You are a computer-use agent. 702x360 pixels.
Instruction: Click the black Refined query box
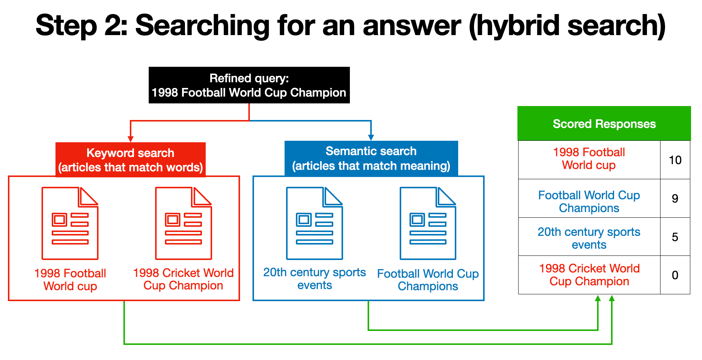pos(249,85)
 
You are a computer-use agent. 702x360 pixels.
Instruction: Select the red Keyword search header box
pos(131,160)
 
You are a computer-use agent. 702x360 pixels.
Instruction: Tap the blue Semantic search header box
pos(371,158)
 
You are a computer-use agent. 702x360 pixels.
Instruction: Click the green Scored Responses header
pos(604,123)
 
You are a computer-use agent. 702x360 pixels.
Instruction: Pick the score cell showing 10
pos(675,160)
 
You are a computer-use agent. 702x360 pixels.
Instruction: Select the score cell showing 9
pos(675,198)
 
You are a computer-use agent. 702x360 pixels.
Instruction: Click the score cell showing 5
pos(675,237)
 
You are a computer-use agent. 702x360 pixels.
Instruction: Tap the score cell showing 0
pos(675,275)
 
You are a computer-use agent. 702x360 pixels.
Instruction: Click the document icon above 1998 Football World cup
pos(70,223)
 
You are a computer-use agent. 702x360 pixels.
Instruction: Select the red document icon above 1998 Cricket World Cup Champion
pos(183,223)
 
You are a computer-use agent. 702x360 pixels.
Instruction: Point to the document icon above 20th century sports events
pos(314,223)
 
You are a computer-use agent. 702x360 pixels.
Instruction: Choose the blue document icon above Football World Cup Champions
pos(428,223)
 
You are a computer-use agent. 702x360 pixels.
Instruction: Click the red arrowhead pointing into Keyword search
pos(131,138)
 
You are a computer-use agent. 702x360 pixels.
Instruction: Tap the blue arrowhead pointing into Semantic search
pos(371,137)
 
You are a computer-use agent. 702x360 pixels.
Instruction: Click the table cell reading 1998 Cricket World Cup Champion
pos(589,275)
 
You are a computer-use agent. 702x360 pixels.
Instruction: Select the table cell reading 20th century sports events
pos(589,238)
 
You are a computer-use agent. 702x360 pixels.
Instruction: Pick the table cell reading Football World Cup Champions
pos(589,202)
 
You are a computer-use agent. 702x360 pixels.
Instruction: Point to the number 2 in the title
pos(112,26)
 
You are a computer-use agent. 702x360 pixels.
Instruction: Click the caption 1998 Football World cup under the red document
pos(70,280)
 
